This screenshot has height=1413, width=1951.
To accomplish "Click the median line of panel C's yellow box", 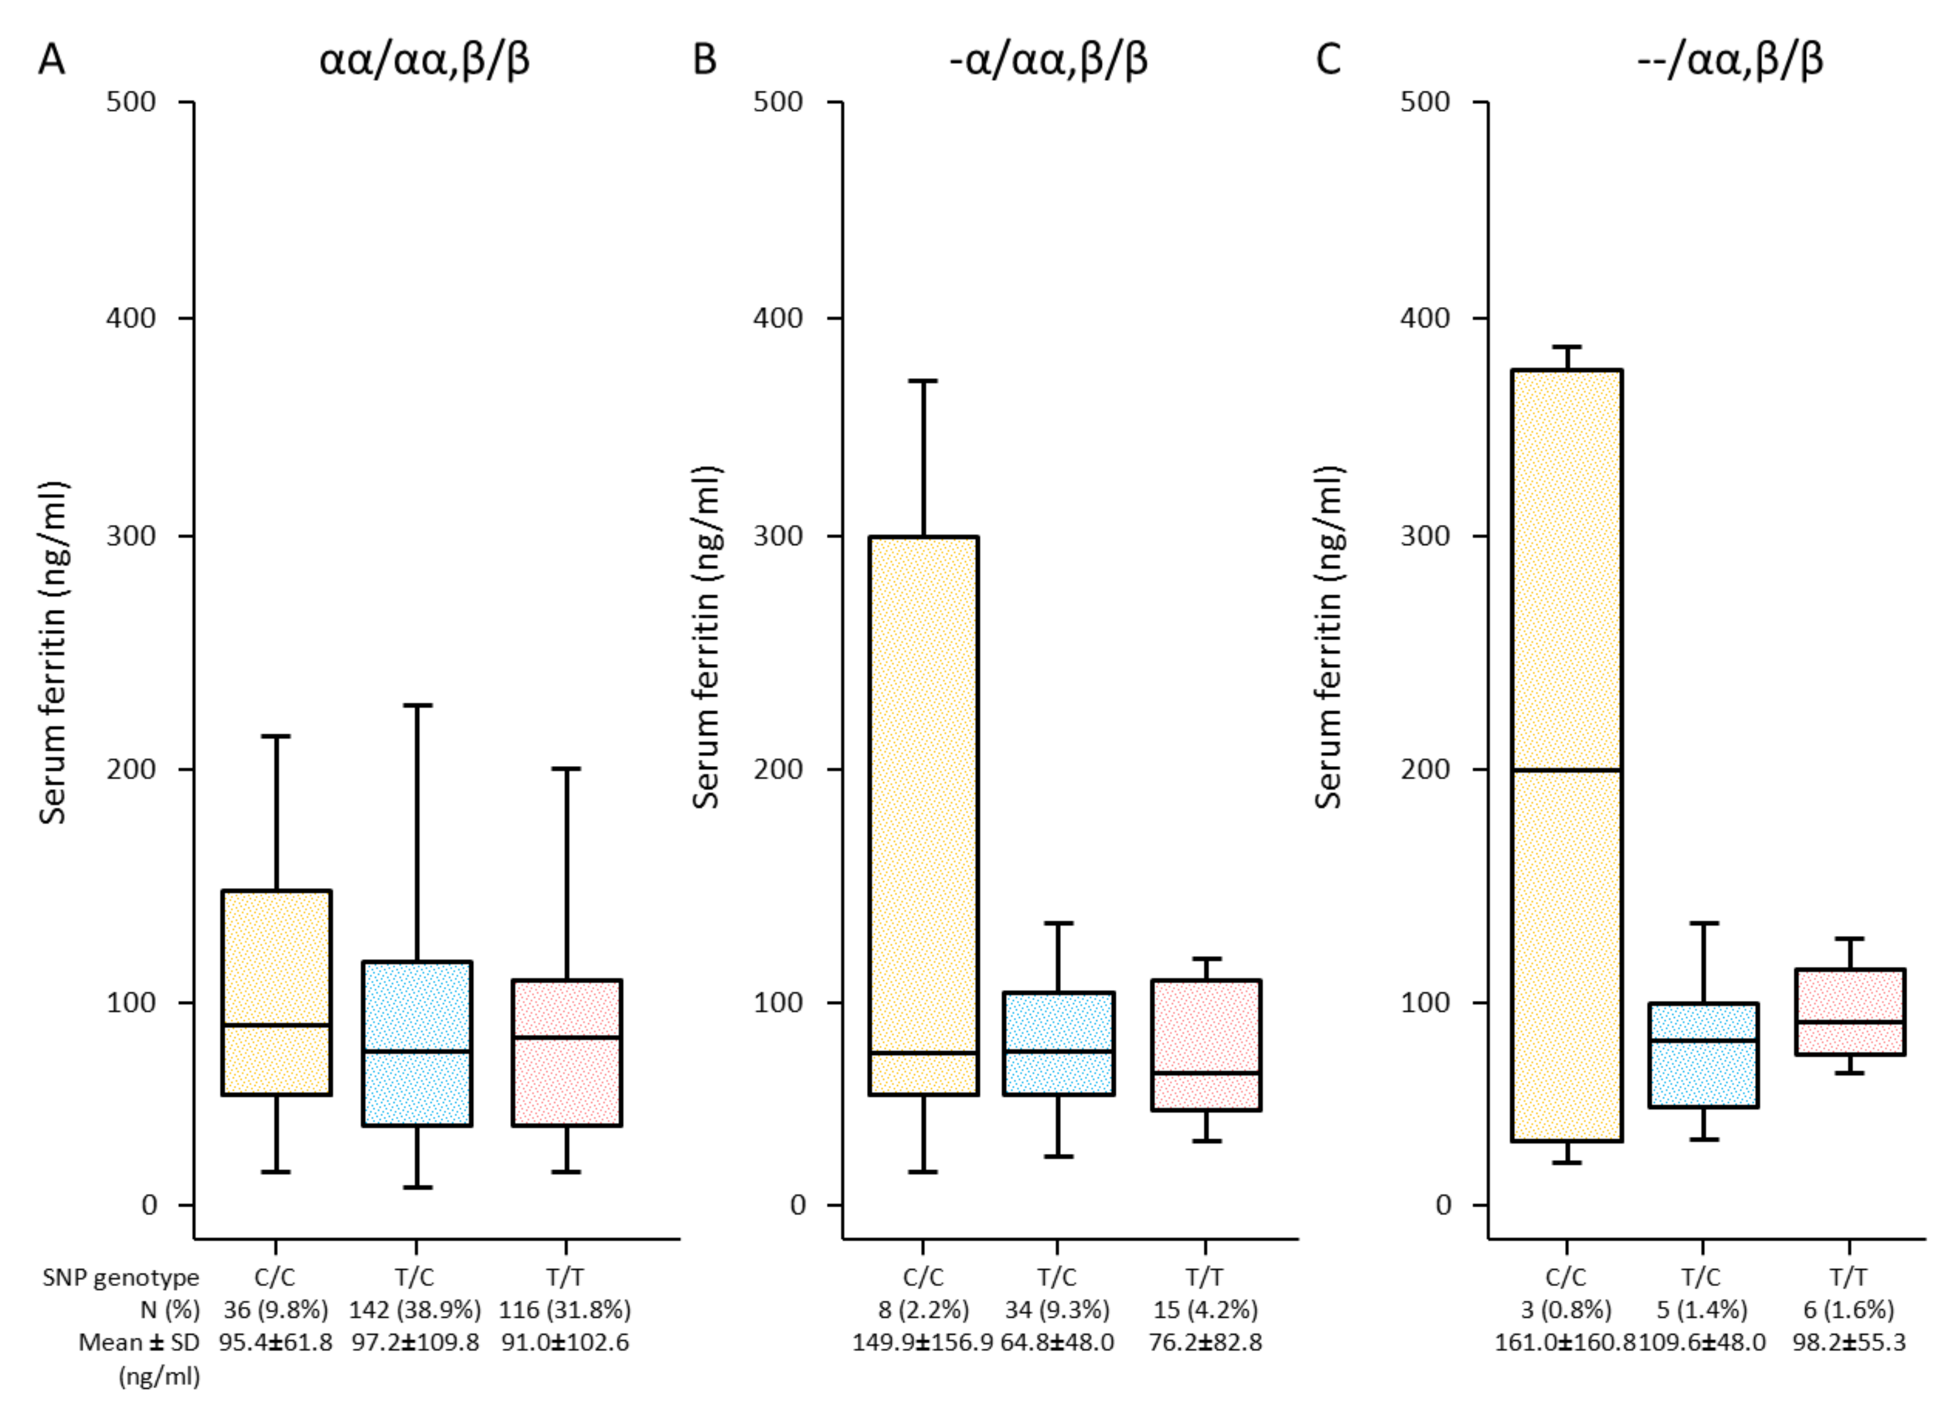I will [x=1566, y=769].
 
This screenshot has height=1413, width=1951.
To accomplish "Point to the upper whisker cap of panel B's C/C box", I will [x=923, y=381].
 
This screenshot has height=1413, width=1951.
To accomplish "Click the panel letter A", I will [x=52, y=60].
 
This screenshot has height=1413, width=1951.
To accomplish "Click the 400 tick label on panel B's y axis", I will [x=778, y=317].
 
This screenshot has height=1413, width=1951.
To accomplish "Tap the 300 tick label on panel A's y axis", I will [x=131, y=535].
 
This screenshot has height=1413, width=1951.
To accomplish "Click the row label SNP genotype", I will [x=121, y=1277].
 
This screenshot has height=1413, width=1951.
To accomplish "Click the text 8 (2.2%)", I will [x=923, y=1310].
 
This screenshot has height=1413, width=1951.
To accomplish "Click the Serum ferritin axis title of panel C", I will [x=1329, y=637].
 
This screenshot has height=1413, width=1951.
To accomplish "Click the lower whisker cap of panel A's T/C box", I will [x=417, y=1188].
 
